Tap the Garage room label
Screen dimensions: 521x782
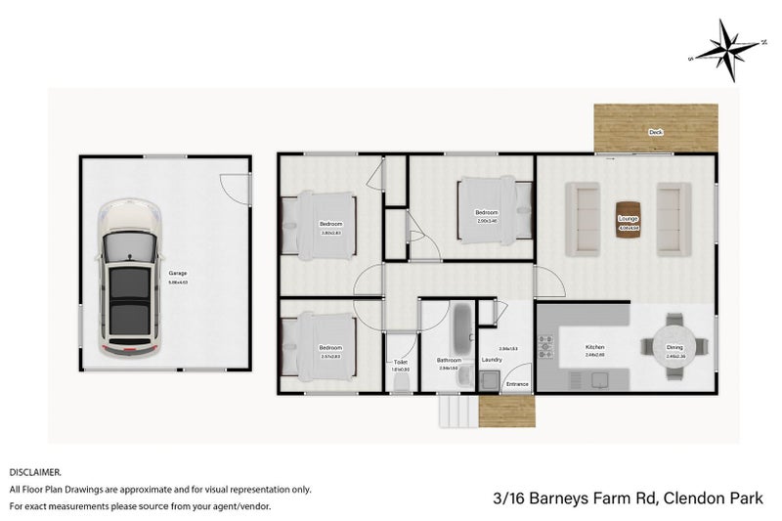tap(177, 273)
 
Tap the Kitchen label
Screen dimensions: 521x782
tap(595, 347)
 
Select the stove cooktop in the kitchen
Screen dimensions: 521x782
tap(546, 346)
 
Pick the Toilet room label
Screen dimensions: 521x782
tap(399, 362)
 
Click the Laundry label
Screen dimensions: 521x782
tap(492, 360)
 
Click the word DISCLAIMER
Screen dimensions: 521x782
tap(35, 471)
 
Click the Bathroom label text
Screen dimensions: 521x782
tap(450, 360)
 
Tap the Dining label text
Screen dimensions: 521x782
tap(674, 348)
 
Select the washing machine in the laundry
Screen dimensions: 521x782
tap(490, 381)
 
